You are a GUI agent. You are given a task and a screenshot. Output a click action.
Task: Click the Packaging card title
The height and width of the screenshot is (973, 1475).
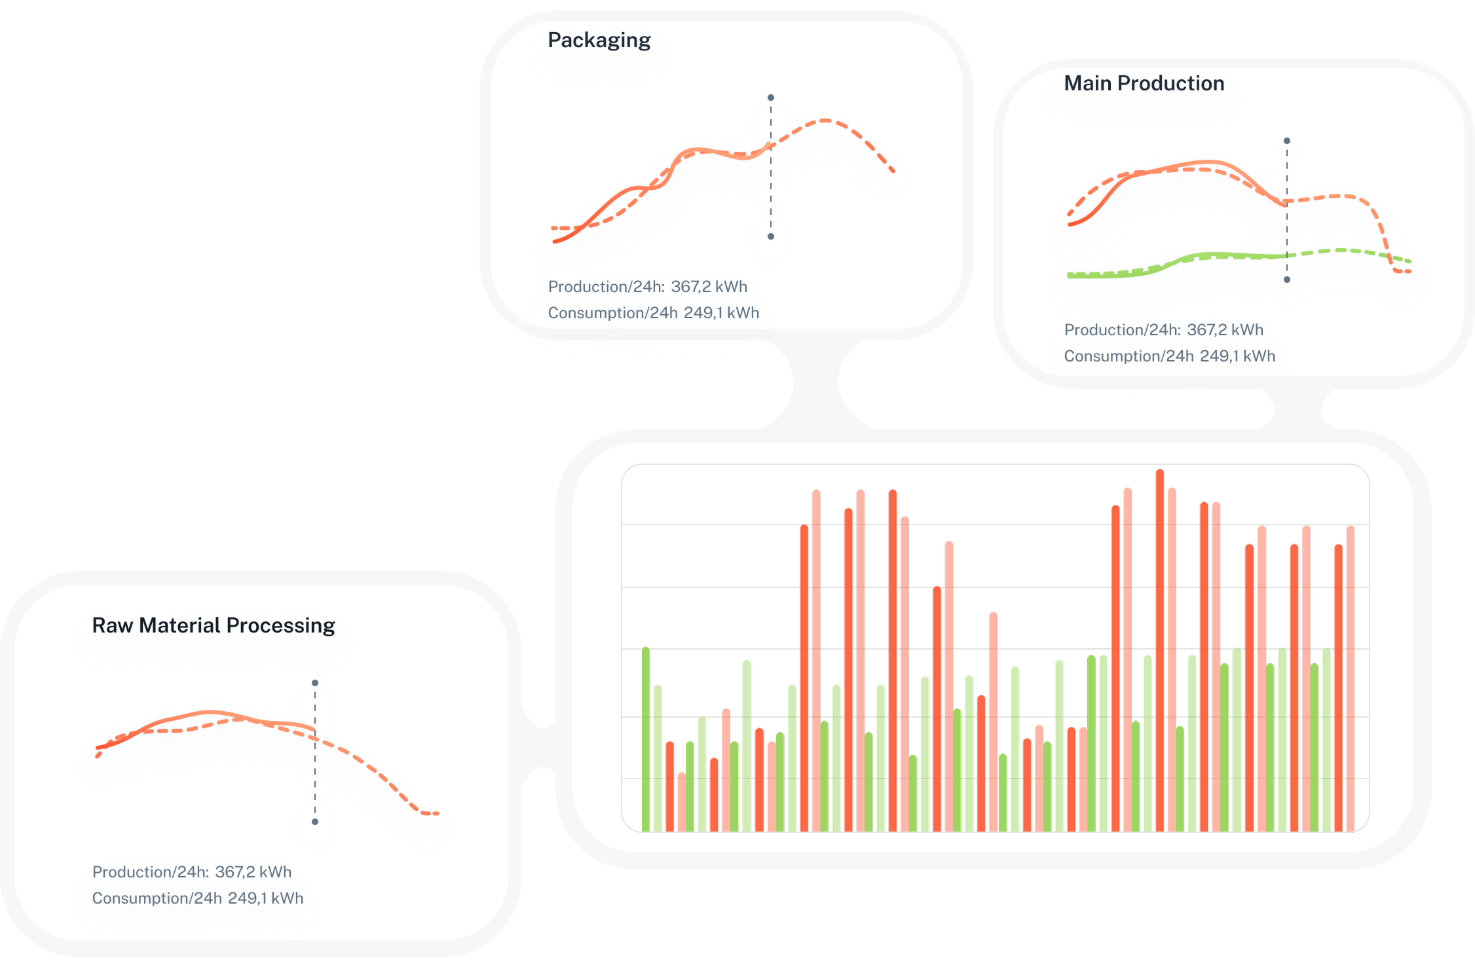[x=599, y=41]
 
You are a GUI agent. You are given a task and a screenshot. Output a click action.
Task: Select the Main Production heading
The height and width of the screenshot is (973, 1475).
[x=1144, y=84]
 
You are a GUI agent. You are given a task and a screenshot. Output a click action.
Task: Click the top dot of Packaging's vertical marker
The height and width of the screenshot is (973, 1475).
[x=771, y=98]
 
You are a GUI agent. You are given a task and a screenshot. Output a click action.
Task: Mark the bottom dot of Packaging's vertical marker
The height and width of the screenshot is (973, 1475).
[x=771, y=236]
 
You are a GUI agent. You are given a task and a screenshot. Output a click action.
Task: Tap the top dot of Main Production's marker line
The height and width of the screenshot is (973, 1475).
[x=1287, y=141]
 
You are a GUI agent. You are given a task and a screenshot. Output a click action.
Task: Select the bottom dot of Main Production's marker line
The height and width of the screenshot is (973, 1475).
[x=1287, y=280]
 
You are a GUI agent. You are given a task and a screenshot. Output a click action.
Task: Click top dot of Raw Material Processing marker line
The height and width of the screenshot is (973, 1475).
[x=315, y=683]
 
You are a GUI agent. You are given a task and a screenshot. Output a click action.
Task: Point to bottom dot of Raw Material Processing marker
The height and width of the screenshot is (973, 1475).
[x=315, y=822]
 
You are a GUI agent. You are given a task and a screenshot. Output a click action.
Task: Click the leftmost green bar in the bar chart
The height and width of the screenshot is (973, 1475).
[x=646, y=740]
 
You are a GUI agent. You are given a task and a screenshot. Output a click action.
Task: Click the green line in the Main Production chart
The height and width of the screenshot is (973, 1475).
[x=1212, y=255]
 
